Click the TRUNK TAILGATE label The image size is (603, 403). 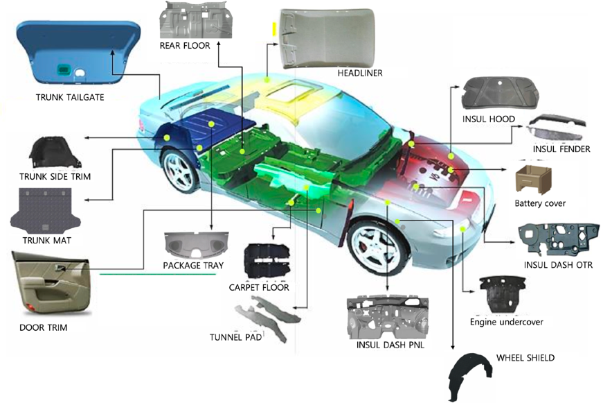click(x=70, y=97)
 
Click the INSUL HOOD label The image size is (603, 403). click(x=488, y=119)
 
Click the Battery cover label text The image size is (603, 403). click(x=540, y=203)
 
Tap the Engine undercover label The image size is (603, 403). click(x=506, y=322)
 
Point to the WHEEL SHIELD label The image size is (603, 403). click(x=525, y=358)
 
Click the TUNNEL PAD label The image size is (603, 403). click(x=235, y=338)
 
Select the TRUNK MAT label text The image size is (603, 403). click(x=46, y=241)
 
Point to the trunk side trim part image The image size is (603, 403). click(x=56, y=153)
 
